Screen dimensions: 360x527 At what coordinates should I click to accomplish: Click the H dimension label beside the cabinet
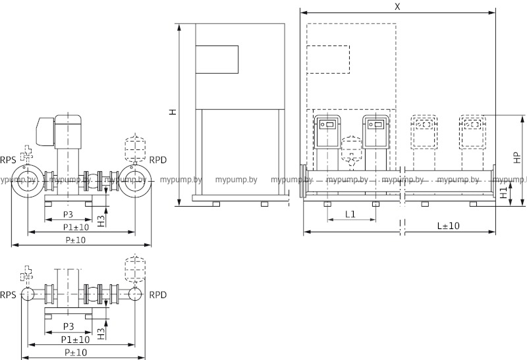(173, 113)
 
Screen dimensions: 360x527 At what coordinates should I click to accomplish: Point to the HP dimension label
(517, 157)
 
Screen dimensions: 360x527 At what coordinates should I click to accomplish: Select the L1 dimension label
(350, 214)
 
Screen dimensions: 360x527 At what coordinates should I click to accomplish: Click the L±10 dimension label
(449, 225)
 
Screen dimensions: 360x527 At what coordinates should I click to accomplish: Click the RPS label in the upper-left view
(9, 160)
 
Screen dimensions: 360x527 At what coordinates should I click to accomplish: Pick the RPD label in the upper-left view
(158, 160)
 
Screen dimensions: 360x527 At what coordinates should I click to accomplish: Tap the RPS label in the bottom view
(9, 294)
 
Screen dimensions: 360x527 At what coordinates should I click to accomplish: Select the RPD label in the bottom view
(158, 294)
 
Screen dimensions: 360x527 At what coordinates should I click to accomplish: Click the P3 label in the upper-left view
(68, 215)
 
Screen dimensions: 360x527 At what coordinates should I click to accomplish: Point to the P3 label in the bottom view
(68, 326)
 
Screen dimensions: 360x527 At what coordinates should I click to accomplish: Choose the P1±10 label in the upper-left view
(76, 227)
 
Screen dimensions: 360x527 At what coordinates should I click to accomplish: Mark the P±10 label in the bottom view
(76, 353)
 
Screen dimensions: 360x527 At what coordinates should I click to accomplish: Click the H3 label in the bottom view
(101, 332)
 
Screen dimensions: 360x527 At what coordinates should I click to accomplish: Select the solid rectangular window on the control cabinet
(217, 59)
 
